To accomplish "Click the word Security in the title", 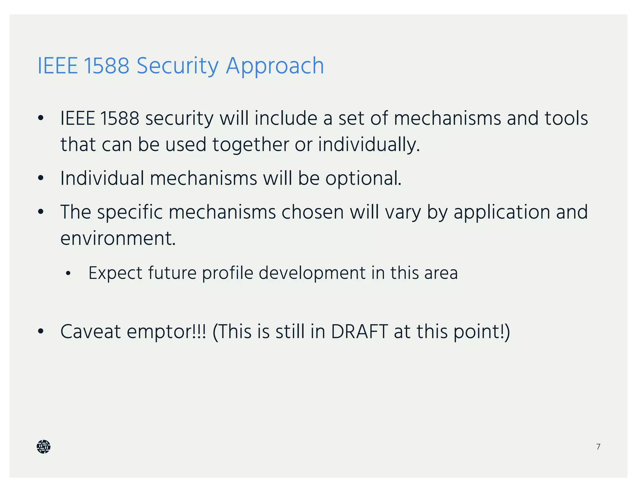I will pos(178,66).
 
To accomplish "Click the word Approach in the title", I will pos(275,66).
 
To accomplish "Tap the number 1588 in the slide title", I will pos(106,66).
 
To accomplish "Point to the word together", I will pos(251,145).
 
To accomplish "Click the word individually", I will pos(369,145).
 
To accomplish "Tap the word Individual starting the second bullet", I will pos(102,179).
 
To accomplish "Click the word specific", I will pos(130,212).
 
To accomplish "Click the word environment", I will pos(118,239).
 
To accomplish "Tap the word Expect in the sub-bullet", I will pos(115,273).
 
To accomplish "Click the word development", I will pos(312,273).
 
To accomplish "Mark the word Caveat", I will pos(91,332).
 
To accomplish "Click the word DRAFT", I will pos(359,332).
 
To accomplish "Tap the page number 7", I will pos(598,447).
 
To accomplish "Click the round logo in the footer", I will pos(44,447).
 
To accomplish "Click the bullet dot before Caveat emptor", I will pos(40,332).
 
